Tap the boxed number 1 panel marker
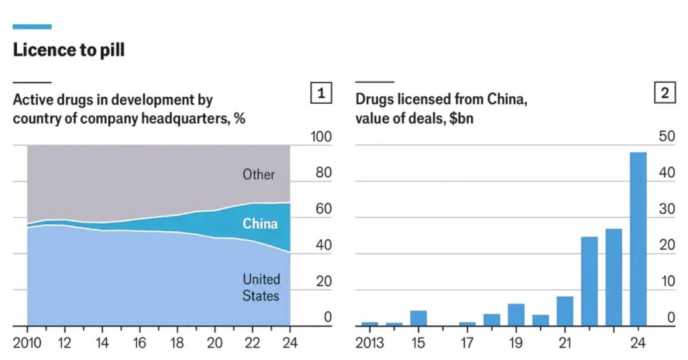pos(321,93)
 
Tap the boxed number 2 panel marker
pos(664,93)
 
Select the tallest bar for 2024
pos(638,239)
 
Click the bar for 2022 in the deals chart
pos(589,281)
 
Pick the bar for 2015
pos(419,318)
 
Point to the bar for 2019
pos(516,315)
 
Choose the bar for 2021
pos(565,311)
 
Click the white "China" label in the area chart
pos(260,224)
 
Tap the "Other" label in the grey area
pos(259,174)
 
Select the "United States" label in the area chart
pos(261,287)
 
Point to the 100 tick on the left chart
pos(320,137)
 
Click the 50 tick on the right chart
pos(663,137)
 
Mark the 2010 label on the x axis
pos(27,343)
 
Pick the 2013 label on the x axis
pos(369,343)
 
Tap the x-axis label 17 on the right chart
pos(467,343)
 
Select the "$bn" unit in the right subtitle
pos(461,118)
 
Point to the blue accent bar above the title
pos(32,26)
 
